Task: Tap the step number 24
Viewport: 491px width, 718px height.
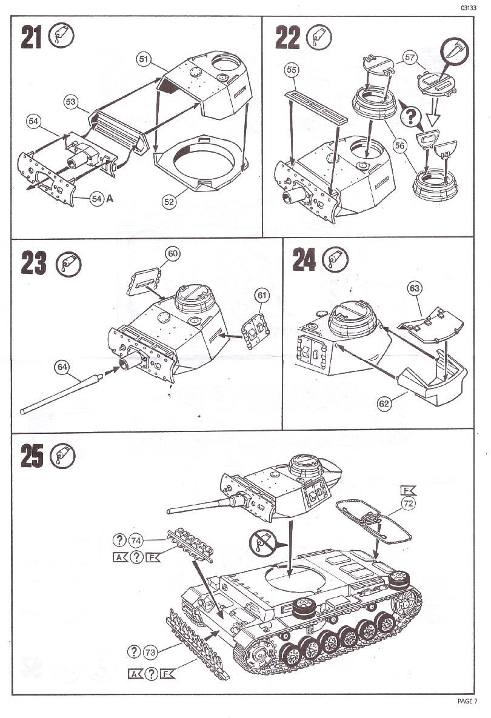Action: coord(304,261)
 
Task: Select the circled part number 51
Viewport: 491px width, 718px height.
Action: coord(144,59)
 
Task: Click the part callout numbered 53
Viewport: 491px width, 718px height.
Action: coord(70,102)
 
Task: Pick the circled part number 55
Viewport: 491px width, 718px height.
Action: coord(292,70)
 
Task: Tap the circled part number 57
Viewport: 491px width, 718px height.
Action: coord(410,58)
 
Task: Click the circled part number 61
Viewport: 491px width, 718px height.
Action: coord(262,295)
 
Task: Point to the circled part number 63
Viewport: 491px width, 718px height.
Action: coord(415,288)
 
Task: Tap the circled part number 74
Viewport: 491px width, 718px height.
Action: coord(135,540)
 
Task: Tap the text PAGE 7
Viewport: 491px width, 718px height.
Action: coord(468,701)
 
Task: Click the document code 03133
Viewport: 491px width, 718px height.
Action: coord(467,8)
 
